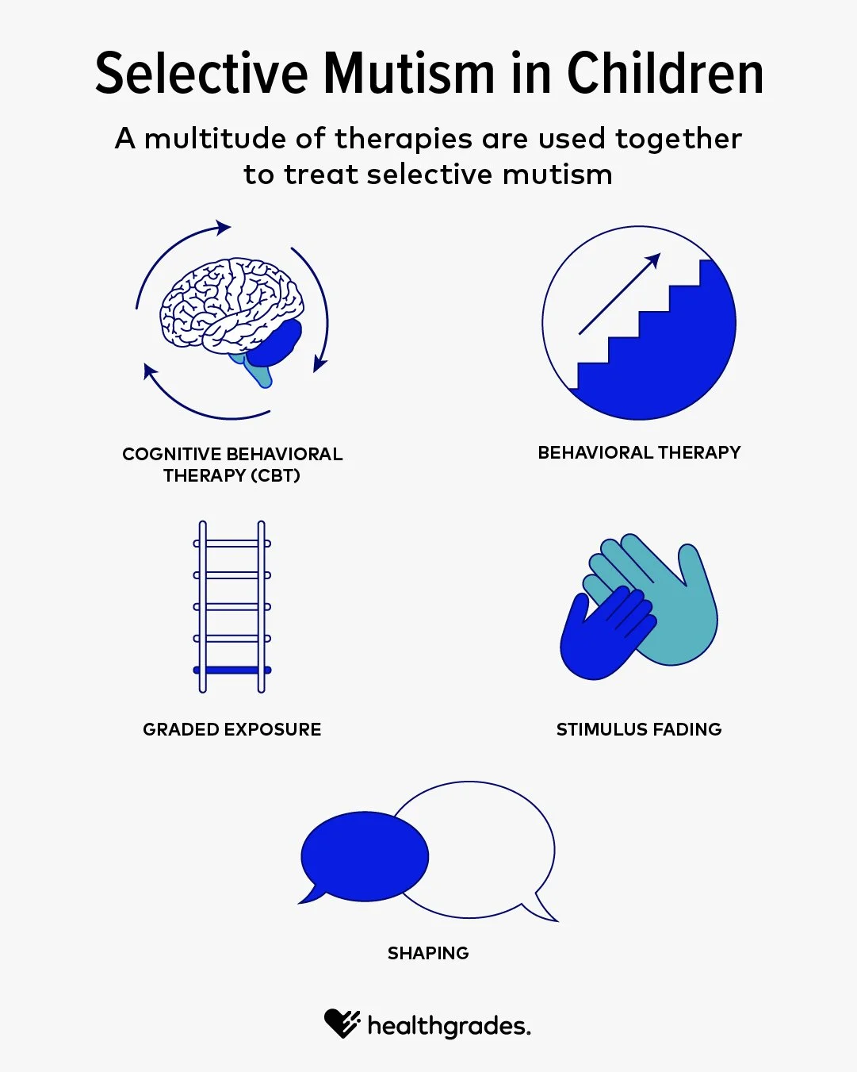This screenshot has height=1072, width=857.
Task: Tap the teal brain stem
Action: (x=258, y=371)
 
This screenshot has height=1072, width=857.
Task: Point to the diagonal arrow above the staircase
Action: (x=619, y=294)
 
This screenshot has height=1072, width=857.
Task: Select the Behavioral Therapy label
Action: (x=639, y=452)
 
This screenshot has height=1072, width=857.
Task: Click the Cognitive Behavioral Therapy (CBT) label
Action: (x=232, y=464)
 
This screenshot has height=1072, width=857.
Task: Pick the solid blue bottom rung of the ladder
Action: (x=232, y=670)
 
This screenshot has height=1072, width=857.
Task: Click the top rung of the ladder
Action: (x=232, y=544)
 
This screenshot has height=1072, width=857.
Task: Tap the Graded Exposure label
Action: (x=232, y=729)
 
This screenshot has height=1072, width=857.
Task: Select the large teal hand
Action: (x=674, y=603)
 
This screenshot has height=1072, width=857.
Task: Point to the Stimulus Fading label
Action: (x=639, y=729)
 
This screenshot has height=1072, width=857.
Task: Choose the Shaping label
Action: (x=428, y=953)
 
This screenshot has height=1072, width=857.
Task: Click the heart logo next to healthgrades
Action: (x=342, y=1023)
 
